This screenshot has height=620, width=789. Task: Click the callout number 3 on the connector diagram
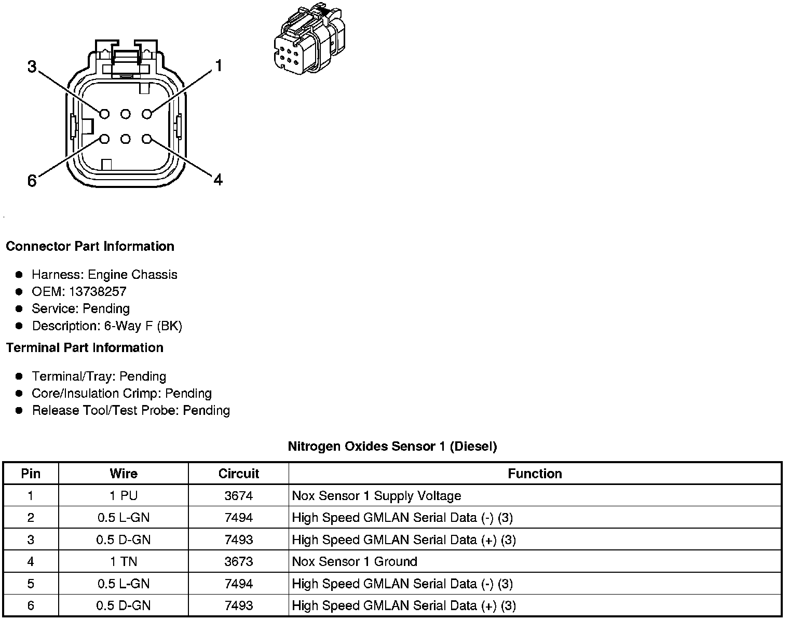click(32, 67)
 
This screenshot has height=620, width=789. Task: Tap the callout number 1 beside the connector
click(219, 66)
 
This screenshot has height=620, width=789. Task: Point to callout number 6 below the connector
click(32, 181)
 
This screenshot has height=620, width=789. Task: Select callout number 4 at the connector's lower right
click(218, 180)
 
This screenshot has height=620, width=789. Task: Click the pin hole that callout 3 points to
click(104, 114)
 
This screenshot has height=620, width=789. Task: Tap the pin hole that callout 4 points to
click(147, 139)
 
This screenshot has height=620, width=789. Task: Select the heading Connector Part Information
click(90, 246)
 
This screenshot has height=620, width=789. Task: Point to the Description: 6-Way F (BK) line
click(107, 326)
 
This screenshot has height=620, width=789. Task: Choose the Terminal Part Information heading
click(85, 347)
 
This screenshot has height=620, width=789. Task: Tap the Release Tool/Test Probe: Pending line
click(131, 410)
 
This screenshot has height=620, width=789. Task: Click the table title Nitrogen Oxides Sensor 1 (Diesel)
click(392, 446)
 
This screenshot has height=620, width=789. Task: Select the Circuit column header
click(238, 474)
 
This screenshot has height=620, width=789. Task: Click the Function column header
click(535, 474)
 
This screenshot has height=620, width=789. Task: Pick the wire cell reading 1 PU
click(124, 496)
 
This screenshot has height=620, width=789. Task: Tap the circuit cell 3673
click(238, 561)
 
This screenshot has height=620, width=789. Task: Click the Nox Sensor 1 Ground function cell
click(355, 561)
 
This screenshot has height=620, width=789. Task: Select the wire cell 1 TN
click(124, 561)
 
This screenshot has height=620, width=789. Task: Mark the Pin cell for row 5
click(31, 584)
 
